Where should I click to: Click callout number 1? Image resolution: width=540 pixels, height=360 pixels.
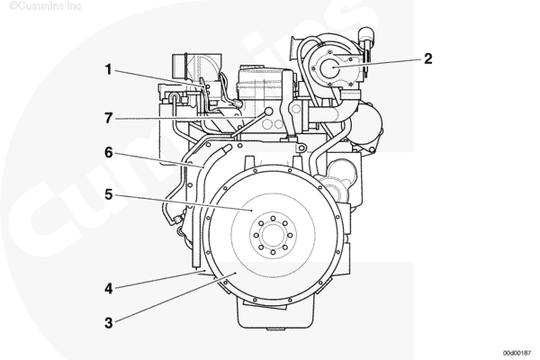(x=109, y=69)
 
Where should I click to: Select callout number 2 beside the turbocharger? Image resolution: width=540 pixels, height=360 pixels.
(x=427, y=58)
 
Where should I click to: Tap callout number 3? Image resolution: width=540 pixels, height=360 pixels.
(x=109, y=323)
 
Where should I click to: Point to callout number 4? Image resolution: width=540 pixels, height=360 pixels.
(x=109, y=288)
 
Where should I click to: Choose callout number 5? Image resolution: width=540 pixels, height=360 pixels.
(x=109, y=194)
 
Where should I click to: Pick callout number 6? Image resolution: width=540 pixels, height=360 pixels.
(x=109, y=152)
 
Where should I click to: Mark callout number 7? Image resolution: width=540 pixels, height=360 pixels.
(x=109, y=118)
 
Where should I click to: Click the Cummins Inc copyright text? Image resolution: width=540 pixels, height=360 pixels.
(x=45, y=5)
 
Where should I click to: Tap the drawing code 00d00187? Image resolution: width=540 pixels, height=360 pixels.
(x=517, y=353)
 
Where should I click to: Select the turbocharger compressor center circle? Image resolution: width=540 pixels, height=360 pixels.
(x=329, y=67)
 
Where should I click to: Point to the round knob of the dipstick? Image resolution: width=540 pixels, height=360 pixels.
(x=268, y=111)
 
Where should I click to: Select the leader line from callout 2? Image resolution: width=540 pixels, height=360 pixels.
(x=377, y=63)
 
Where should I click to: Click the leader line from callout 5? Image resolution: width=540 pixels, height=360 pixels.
(x=184, y=202)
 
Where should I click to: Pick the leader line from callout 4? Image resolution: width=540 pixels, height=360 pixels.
(x=160, y=279)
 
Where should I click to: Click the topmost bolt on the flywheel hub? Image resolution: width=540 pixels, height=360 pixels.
(x=273, y=219)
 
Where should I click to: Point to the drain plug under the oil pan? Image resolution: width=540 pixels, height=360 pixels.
(x=275, y=329)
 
